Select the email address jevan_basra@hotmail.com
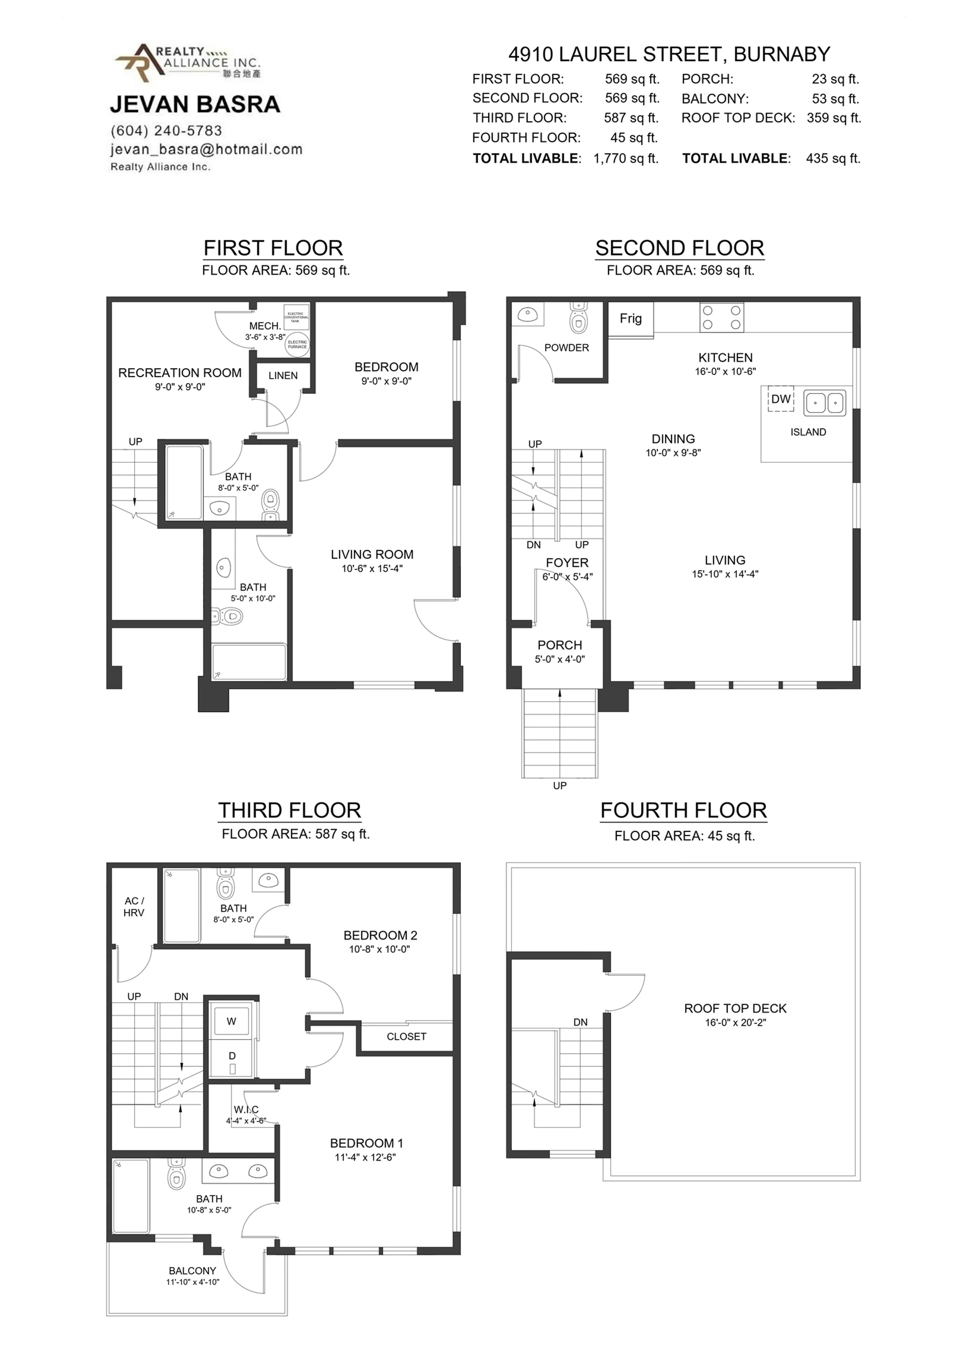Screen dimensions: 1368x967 click(206, 150)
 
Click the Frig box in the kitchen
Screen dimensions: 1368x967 click(630, 319)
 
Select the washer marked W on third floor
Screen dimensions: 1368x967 click(232, 1021)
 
